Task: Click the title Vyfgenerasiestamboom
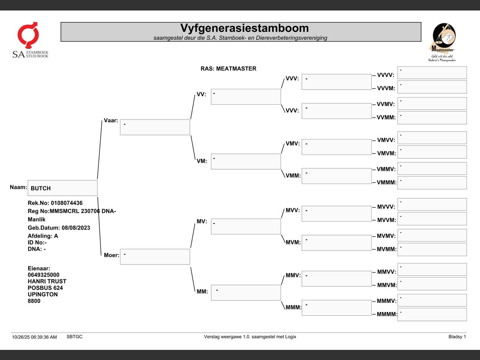(x=244, y=28)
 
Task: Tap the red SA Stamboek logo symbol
(x=28, y=35)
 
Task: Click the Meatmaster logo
(x=442, y=42)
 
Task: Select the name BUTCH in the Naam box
(x=40, y=188)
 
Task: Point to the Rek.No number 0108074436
(x=67, y=203)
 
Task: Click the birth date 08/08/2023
(x=76, y=228)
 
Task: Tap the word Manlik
(x=36, y=219)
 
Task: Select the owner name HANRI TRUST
(x=47, y=281)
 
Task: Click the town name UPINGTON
(x=43, y=294)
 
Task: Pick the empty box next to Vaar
(x=155, y=127)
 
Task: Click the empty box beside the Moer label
(x=155, y=256)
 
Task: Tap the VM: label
(x=202, y=161)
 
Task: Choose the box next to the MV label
(x=246, y=226)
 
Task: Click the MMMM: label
(x=387, y=314)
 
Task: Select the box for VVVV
(x=432, y=73)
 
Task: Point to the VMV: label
(x=292, y=143)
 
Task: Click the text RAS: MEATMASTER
(x=228, y=69)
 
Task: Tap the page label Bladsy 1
(x=457, y=337)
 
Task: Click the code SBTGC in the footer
(x=74, y=337)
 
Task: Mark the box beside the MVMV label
(x=432, y=235)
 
